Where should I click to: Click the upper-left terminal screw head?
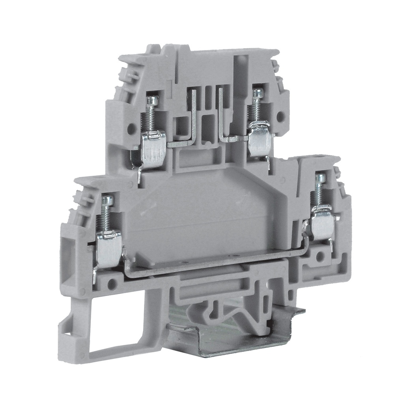152,101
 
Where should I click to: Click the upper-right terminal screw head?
258,94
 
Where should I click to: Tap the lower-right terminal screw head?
320,178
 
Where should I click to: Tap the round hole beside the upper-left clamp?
131,128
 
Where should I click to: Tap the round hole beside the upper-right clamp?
280,117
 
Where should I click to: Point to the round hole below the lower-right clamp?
320,257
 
